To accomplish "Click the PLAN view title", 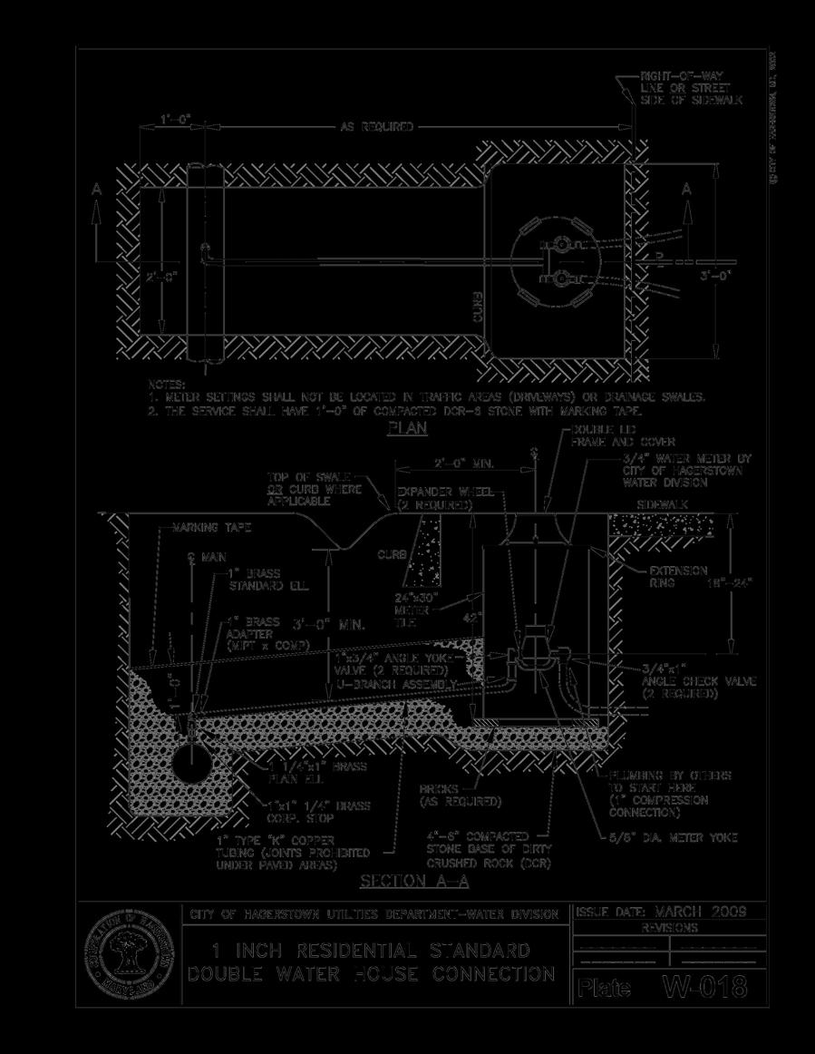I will click(x=407, y=428).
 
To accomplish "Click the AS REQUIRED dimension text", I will click(x=376, y=127).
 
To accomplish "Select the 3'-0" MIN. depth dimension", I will click(x=329, y=625).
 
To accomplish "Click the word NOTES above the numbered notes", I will click(x=167, y=385).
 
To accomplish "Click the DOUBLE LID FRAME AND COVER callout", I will click(x=609, y=435).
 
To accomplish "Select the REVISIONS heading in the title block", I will click(x=670, y=929).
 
